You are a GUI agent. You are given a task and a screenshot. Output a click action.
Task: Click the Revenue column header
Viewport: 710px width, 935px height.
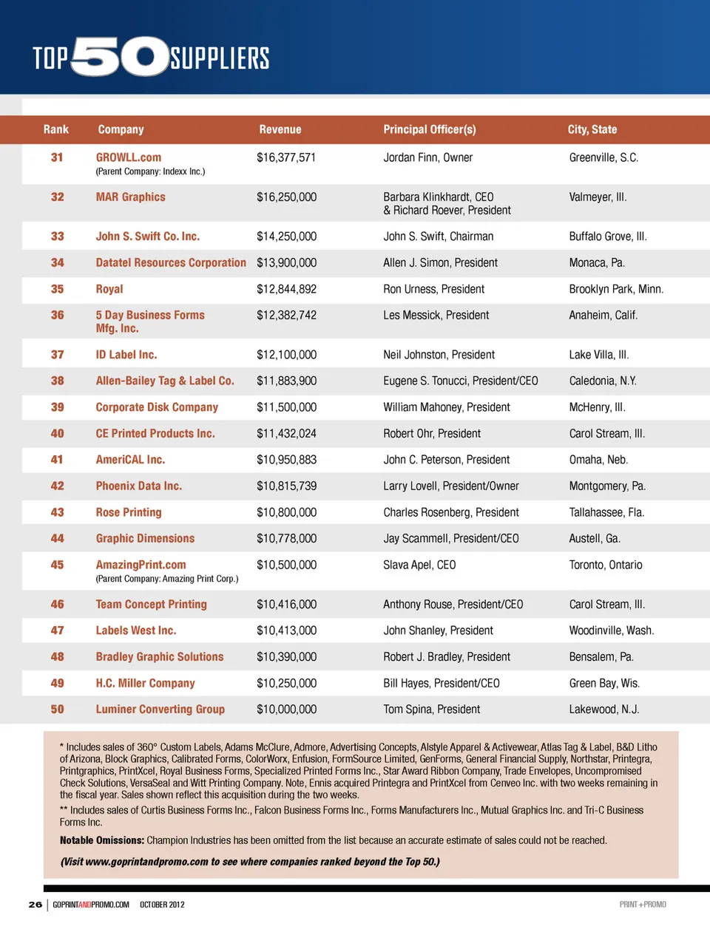point(280,129)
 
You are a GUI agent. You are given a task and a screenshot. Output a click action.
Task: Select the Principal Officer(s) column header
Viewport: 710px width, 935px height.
point(429,129)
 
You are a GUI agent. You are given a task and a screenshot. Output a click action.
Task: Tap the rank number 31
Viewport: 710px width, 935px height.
point(57,157)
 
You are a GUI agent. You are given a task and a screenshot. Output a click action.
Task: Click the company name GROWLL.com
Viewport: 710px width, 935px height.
point(128,157)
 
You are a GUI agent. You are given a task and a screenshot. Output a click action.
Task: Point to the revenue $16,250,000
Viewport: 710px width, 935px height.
point(286,197)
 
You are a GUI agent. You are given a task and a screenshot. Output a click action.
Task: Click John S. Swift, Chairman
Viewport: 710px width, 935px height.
point(438,237)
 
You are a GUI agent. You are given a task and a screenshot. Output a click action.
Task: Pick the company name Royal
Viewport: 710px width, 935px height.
point(109,289)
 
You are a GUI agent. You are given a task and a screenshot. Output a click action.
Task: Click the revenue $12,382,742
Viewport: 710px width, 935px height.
point(286,315)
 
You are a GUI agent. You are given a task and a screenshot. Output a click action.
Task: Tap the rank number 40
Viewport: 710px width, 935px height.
point(57,434)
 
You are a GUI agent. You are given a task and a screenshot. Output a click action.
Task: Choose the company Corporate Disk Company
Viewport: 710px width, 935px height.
point(157,407)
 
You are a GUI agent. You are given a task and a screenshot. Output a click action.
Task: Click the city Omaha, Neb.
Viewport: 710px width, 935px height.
point(598,460)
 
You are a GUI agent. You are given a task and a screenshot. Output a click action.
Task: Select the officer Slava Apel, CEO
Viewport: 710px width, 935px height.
point(419,565)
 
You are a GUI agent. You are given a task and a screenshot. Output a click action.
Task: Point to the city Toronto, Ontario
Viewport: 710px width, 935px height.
point(605,565)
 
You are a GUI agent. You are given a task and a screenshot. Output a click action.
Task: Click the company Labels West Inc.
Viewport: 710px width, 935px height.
point(135,630)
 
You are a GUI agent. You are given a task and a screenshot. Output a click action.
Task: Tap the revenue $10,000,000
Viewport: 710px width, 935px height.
point(286,710)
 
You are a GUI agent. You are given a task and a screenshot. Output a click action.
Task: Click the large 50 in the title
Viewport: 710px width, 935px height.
point(121,56)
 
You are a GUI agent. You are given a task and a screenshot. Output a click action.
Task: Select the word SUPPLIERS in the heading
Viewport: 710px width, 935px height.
point(220,58)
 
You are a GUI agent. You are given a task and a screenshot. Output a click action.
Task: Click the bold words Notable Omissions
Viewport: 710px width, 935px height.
point(101,840)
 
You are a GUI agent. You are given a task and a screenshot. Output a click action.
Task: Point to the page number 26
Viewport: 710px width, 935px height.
point(35,904)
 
